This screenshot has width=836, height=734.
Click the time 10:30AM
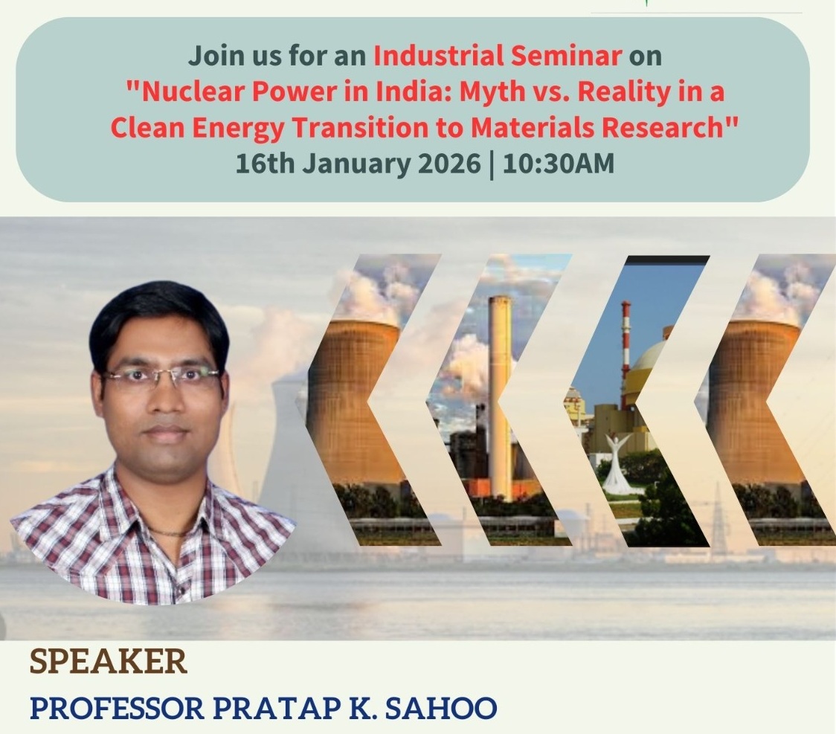coord(559,163)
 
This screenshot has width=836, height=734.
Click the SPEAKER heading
coord(109,662)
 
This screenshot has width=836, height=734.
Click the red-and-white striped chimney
coord(625,355)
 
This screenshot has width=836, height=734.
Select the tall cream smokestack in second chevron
coord(500,397)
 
